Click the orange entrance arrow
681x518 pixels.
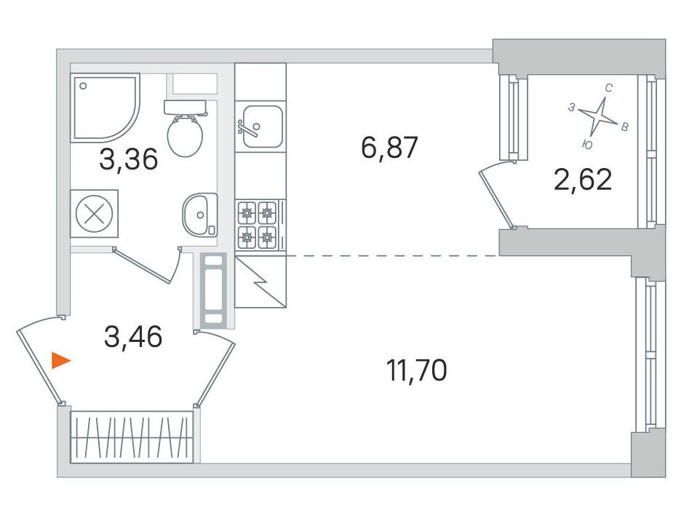point(60,360)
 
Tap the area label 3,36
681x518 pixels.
point(129,159)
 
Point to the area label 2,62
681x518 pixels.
point(583,179)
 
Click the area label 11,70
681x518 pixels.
point(416,371)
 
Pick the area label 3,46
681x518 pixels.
point(133,337)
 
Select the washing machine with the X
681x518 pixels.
point(95,214)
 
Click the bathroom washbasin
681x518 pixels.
point(200,215)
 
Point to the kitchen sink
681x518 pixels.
point(260,127)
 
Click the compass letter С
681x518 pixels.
point(609,89)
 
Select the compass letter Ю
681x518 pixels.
point(587,145)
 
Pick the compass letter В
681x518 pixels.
point(624,127)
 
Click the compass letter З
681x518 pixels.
point(572,107)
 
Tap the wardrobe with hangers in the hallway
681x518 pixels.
point(131,437)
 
